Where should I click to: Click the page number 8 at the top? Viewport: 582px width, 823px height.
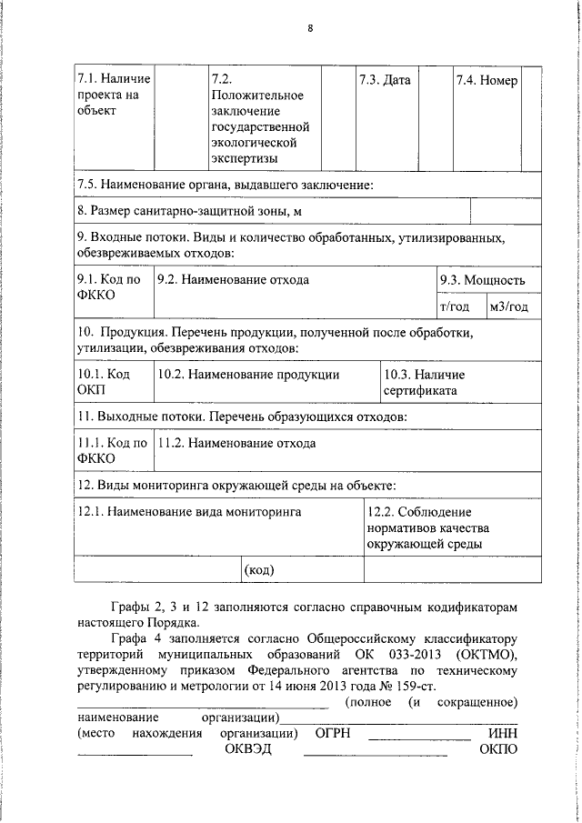pyautogui.click(x=309, y=28)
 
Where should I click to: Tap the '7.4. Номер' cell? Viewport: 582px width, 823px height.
pyautogui.click(x=487, y=80)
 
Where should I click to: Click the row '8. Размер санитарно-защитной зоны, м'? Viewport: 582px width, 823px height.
pyautogui.click(x=189, y=212)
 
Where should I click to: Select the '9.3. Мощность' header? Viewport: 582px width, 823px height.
pyautogui.click(x=482, y=280)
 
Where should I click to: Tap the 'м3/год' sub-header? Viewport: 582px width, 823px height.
pyautogui.click(x=507, y=306)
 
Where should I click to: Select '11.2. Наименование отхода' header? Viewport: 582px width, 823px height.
pyautogui.click(x=236, y=444)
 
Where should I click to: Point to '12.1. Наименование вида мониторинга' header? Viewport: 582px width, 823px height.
pyautogui.click(x=190, y=512)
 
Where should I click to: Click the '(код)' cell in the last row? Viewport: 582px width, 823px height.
pyautogui.click(x=260, y=570)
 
